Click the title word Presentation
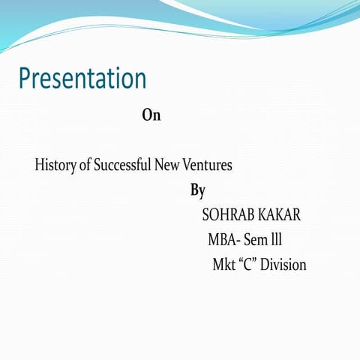click(82, 79)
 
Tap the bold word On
click(151, 115)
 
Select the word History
click(55, 165)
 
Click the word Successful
click(121, 165)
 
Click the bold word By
click(197, 190)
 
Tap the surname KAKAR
click(279, 215)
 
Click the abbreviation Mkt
click(223, 265)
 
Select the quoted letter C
click(247, 265)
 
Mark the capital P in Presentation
click(25, 78)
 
